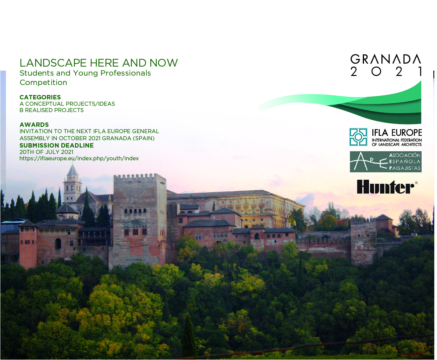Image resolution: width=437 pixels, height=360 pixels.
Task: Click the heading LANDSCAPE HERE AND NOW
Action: [98, 63]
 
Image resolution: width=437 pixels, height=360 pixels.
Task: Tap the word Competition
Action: [43, 83]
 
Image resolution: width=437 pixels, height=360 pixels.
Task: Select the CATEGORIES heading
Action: [40, 97]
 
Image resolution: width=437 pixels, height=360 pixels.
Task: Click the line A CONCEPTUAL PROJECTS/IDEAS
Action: [67, 104]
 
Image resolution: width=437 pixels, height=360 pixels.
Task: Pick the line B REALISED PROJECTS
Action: [52, 110]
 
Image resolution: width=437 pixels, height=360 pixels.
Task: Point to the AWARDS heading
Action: [34, 125]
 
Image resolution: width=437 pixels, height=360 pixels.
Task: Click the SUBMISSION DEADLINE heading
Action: [57, 146]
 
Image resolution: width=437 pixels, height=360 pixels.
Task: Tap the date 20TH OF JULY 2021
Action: [47, 152]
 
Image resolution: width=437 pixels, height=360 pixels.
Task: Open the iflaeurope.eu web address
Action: [79, 158]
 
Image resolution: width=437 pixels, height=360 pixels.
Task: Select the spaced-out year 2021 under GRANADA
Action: [386, 72]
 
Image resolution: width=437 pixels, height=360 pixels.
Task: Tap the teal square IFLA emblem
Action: [358, 137]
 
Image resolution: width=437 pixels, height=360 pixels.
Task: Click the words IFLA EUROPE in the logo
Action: [397, 132]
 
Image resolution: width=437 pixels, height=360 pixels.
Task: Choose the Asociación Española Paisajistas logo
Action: [386, 162]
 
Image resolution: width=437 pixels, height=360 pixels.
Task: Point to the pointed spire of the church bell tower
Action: [72, 169]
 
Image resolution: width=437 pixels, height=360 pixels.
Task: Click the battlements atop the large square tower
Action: [140, 177]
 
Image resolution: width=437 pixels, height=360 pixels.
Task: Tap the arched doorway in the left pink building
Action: [58, 244]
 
